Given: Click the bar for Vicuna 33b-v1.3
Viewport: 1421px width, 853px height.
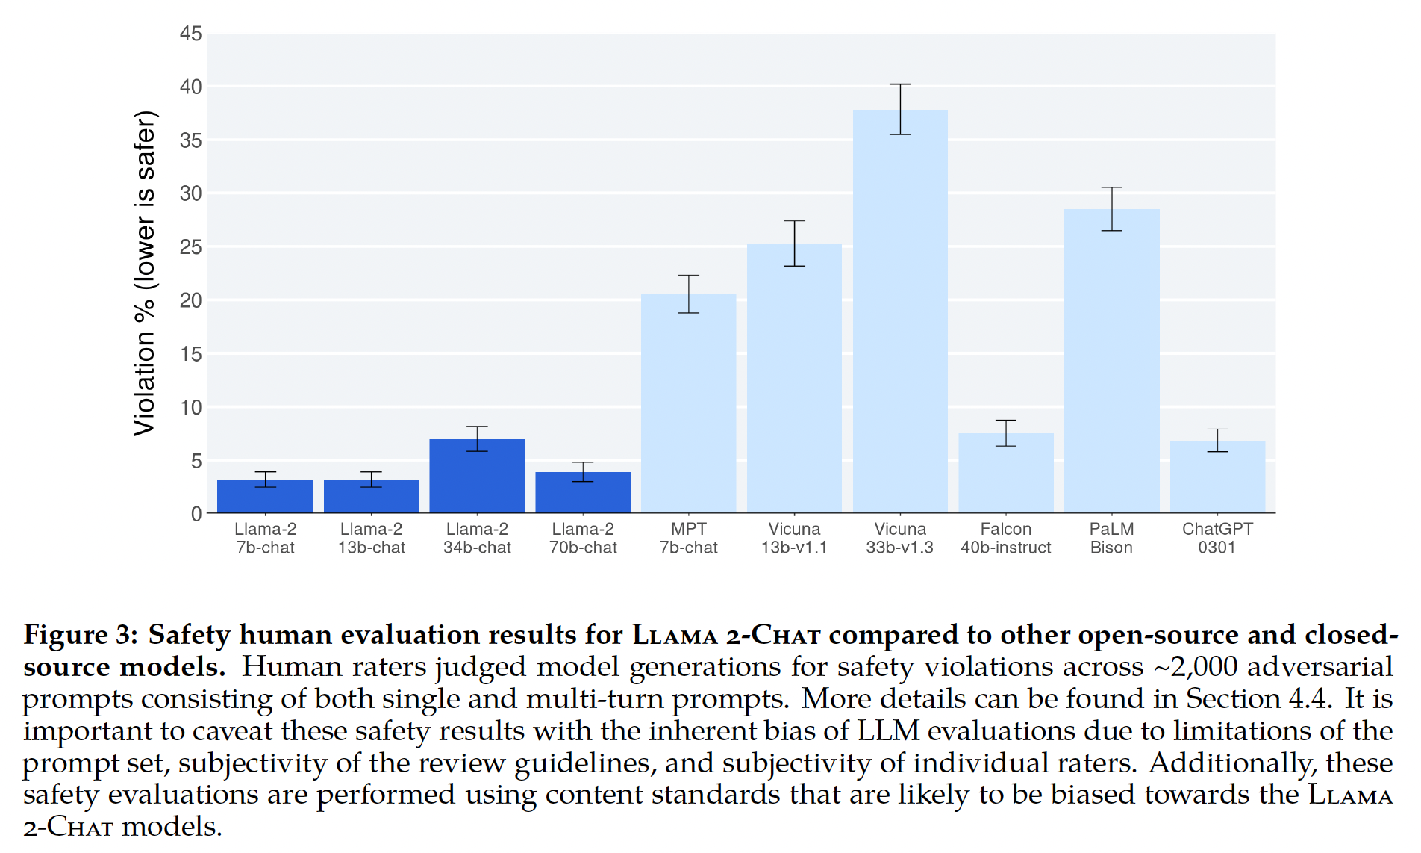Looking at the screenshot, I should point(900,314).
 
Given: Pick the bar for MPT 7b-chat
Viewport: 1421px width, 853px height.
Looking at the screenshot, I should point(688,403).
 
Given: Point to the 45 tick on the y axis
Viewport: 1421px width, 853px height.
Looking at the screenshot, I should point(191,34).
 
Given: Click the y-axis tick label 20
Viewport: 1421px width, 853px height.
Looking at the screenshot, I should point(191,300).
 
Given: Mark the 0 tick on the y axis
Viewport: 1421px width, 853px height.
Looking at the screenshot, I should point(196,514).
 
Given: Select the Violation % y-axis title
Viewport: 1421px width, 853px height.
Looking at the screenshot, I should point(145,273).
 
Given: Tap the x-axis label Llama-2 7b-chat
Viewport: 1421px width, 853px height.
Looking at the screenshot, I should point(265,539).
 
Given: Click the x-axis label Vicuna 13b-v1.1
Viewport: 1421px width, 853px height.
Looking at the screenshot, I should point(794,539).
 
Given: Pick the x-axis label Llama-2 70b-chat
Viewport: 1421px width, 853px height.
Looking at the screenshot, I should point(583,539).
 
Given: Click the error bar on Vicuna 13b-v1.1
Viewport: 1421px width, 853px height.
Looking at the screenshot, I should point(794,244).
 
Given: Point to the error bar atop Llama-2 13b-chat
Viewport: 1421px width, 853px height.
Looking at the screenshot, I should point(371,480).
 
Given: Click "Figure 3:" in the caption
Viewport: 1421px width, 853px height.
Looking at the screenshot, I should point(81,635).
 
